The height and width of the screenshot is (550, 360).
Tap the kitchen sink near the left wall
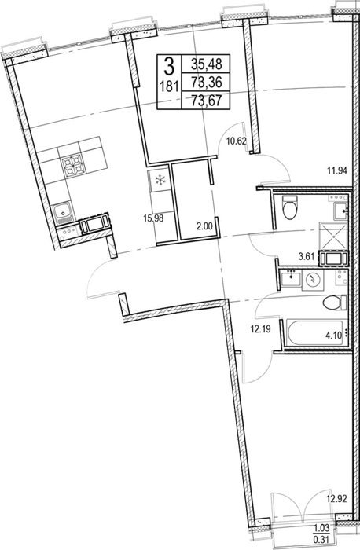(x=63, y=213)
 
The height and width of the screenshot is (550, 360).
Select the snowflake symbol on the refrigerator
(x=160, y=181)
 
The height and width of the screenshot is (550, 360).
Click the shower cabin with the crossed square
(x=332, y=235)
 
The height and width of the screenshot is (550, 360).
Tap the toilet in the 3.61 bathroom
(x=290, y=207)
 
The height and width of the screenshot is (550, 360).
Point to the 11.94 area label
(x=337, y=171)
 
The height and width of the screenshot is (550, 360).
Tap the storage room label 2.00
(x=205, y=226)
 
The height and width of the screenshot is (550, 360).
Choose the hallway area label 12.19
(x=260, y=330)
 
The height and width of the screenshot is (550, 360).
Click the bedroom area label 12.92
(x=337, y=499)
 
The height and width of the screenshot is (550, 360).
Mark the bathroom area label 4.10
(x=333, y=335)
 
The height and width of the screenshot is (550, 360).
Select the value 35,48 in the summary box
(x=207, y=64)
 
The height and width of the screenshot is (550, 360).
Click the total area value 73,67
(x=207, y=101)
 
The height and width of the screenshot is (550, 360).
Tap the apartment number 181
(x=169, y=86)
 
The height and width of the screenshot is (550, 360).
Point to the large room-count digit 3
(x=169, y=66)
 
